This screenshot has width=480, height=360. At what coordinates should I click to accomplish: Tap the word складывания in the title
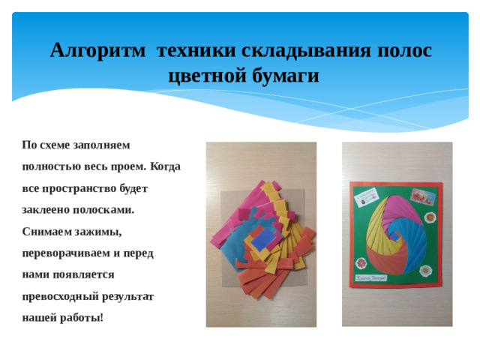[307, 51]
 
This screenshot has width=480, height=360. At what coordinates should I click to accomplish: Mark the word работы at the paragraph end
[85, 318]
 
